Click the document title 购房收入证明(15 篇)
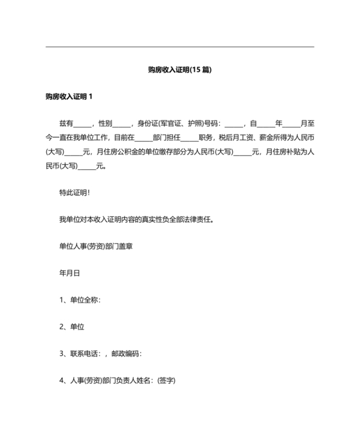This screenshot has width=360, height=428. coord(179,70)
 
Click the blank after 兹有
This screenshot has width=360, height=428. coord(83,123)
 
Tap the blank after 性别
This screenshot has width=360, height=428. coord(122,123)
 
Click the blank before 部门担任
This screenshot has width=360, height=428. coord(143,138)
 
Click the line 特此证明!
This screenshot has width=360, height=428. coord(75,192)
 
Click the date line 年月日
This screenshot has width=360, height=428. coord(69,273)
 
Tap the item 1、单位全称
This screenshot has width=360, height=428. coord(80,300)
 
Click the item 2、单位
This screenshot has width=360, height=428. coord(72,327)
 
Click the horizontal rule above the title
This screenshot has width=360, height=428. coord(180,46)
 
